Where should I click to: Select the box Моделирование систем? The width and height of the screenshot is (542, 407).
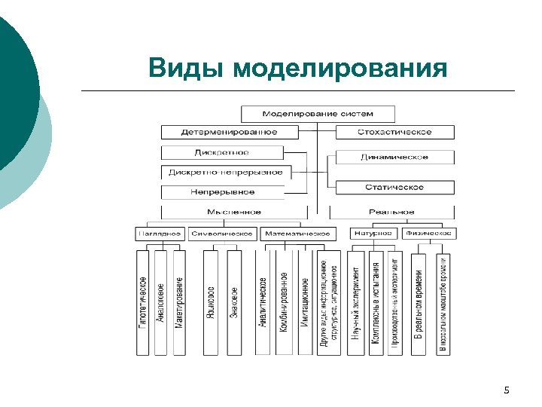(x=318, y=114)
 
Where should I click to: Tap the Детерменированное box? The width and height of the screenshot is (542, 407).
(x=229, y=132)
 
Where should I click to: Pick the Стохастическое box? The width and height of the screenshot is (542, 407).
(x=394, y=132)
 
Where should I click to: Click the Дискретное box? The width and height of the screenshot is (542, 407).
(x=222, y=152)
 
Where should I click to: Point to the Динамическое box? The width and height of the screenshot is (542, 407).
(x=395, y=158)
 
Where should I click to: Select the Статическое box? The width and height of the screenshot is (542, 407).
(x=394, y=186)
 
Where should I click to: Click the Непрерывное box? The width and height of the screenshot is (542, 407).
(x=222, y=192)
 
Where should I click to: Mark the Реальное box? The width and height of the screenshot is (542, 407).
(x=391, y=212)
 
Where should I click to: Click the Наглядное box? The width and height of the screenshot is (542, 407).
(x=160, y=234)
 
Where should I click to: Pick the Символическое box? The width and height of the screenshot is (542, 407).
(x=222, y=234)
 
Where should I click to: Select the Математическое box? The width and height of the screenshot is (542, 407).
(x=297, y=234)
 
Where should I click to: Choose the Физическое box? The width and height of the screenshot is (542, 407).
(x=428, y=234)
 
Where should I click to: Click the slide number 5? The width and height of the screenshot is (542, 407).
(x=506, y=390)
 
